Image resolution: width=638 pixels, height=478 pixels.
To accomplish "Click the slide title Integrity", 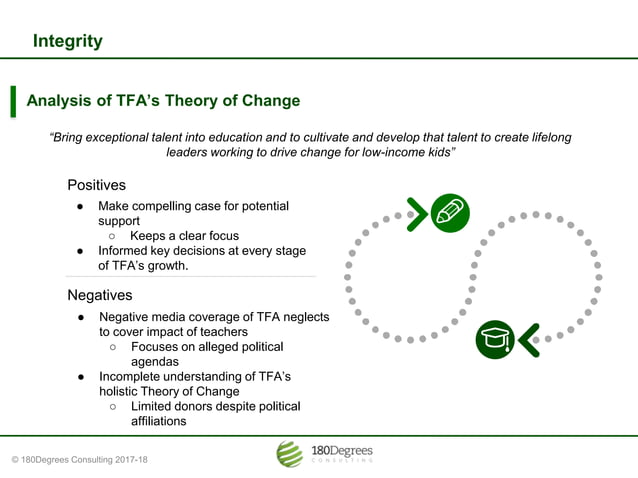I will (x=67, y=41).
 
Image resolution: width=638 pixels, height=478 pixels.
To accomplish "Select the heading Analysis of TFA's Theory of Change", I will (x=162, y=101).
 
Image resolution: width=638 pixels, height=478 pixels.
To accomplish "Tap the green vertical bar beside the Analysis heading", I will (x=13, y=102).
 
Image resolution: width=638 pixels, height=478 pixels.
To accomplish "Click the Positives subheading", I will (x=96, y=185).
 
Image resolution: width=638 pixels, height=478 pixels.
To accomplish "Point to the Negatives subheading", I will (x=99, y=295).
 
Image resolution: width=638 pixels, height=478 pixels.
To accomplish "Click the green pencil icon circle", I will (x=450, y=212).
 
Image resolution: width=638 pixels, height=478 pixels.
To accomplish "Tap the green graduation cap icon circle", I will (x=494, y=339).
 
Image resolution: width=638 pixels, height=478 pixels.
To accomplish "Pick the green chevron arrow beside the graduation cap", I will (x=528, y=339).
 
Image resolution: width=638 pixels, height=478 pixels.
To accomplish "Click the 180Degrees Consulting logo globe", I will (x=289, y=454).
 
